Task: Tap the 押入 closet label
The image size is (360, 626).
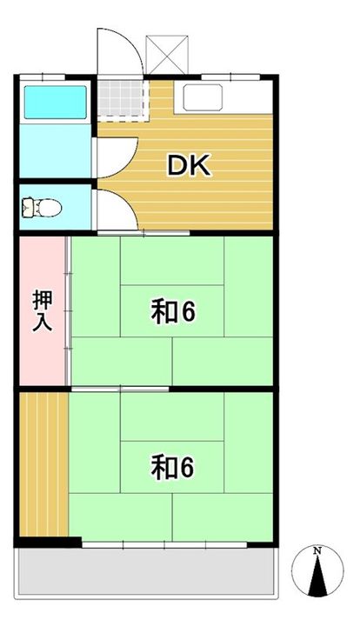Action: [x=42, y=310]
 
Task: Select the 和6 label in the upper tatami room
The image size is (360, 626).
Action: [x=171, y=311]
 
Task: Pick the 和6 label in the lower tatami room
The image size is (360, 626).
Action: [x=171, y=468]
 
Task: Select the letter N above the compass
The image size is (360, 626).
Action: [x=318, y=551]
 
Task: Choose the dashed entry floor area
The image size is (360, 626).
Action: [x=118, y=97]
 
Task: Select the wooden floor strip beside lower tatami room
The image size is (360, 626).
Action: [x=43, y=465]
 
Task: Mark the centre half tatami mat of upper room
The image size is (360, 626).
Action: [x=171, y=310]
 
